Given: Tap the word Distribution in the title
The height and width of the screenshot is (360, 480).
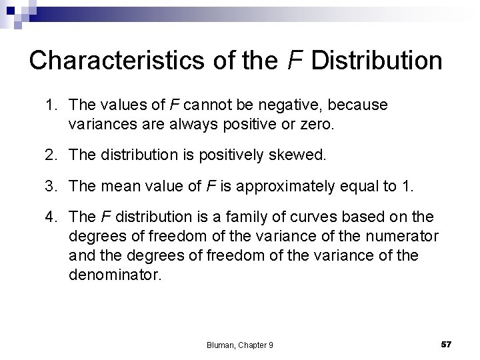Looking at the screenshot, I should coord(376,61).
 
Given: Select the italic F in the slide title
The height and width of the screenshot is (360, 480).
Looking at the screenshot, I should coord(293,61).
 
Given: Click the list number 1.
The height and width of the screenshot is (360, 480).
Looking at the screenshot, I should coord(51,105).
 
